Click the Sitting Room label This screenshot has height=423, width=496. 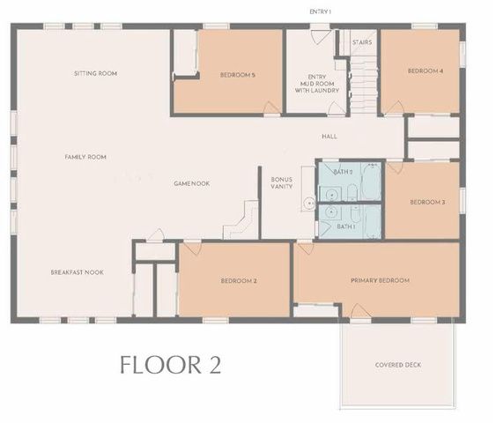tap(96, 73)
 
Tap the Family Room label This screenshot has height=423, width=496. tap(85, 157)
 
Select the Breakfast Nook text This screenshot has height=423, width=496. tap(77, 272)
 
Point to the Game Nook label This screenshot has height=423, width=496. tap(191, 183)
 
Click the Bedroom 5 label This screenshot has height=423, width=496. tap(237, 75)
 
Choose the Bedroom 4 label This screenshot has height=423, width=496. tap(425, 70)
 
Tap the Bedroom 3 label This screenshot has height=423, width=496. tap(427, 202)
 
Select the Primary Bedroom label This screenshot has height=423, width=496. tap(381, 280)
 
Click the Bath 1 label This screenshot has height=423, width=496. tap(346, 226)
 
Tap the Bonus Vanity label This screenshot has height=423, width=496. tap(282, 183)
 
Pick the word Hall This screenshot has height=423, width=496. tap(329, 137)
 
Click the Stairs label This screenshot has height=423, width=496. tap(361, 41)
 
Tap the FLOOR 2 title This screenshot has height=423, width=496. tap(171, 365)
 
